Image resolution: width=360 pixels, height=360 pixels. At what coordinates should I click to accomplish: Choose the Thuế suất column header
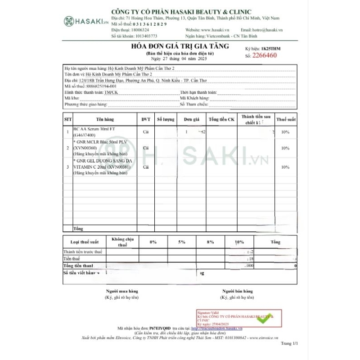pyautogui.click(x=286, y=119)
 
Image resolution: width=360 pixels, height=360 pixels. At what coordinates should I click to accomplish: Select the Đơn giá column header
pyautogui.click(x=191, y=119)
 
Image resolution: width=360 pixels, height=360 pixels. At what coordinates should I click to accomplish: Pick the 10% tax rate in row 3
pyautogui.click(x=285, y=167)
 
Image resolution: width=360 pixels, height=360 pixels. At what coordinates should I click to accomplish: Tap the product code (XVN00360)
pyautogui.click(x=85, y=148)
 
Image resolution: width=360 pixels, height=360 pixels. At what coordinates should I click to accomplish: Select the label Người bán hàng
pyautogui.click(x=237, y=291)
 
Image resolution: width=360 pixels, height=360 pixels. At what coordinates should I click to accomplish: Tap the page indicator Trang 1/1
pyautogui.click(x=289, y=343)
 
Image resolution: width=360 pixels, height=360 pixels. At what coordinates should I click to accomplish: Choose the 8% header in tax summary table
pyautogui.click(x=210, y=242)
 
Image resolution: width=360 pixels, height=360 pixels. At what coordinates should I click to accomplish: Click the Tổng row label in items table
pyautogui.click(x=78, y=229)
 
